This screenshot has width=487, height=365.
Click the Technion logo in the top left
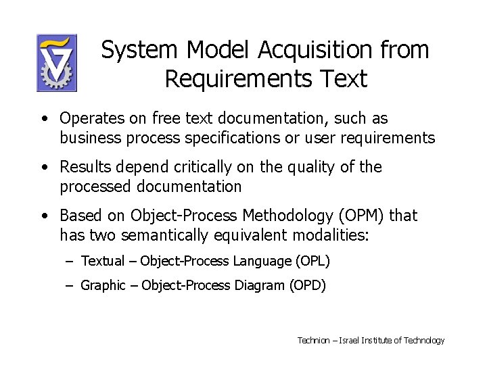(x=57, y=63)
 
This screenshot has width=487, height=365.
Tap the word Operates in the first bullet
(x=86, y=118)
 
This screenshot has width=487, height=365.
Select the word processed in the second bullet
(x=92, y=186)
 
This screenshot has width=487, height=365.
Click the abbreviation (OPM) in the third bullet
(x=362, y=216)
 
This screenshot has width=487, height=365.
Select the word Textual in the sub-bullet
(x=103, y=261)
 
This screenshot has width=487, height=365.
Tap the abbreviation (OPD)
(x=307, y=285)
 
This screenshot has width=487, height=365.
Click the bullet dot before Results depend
(x=43, y=168)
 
